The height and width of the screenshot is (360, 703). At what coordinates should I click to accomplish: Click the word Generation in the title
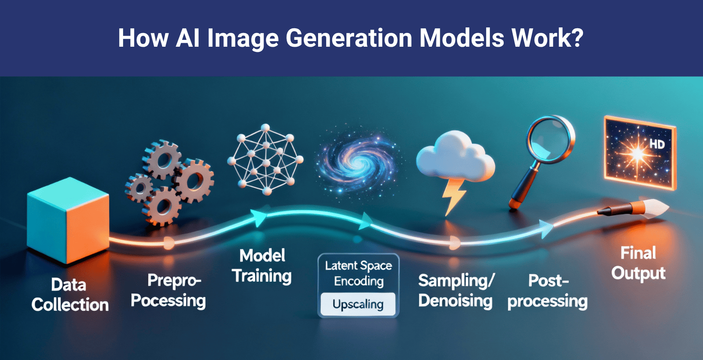tap(349, 38)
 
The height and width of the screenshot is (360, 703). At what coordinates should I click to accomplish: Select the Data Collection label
tap(70, 295)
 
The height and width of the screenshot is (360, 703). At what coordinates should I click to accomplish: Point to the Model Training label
tap(262, 266)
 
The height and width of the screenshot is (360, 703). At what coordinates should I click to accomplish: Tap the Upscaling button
tap(358, 304)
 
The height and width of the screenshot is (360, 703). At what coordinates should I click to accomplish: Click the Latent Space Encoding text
tap(358, 273)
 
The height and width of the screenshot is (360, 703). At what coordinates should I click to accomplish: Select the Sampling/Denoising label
tap(456, 291)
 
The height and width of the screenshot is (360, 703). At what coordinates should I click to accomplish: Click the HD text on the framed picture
tap(657, 144)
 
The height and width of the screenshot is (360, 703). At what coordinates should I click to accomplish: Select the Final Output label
tap(638, 263)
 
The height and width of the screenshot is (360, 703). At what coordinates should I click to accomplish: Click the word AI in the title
tap(188, 38)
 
